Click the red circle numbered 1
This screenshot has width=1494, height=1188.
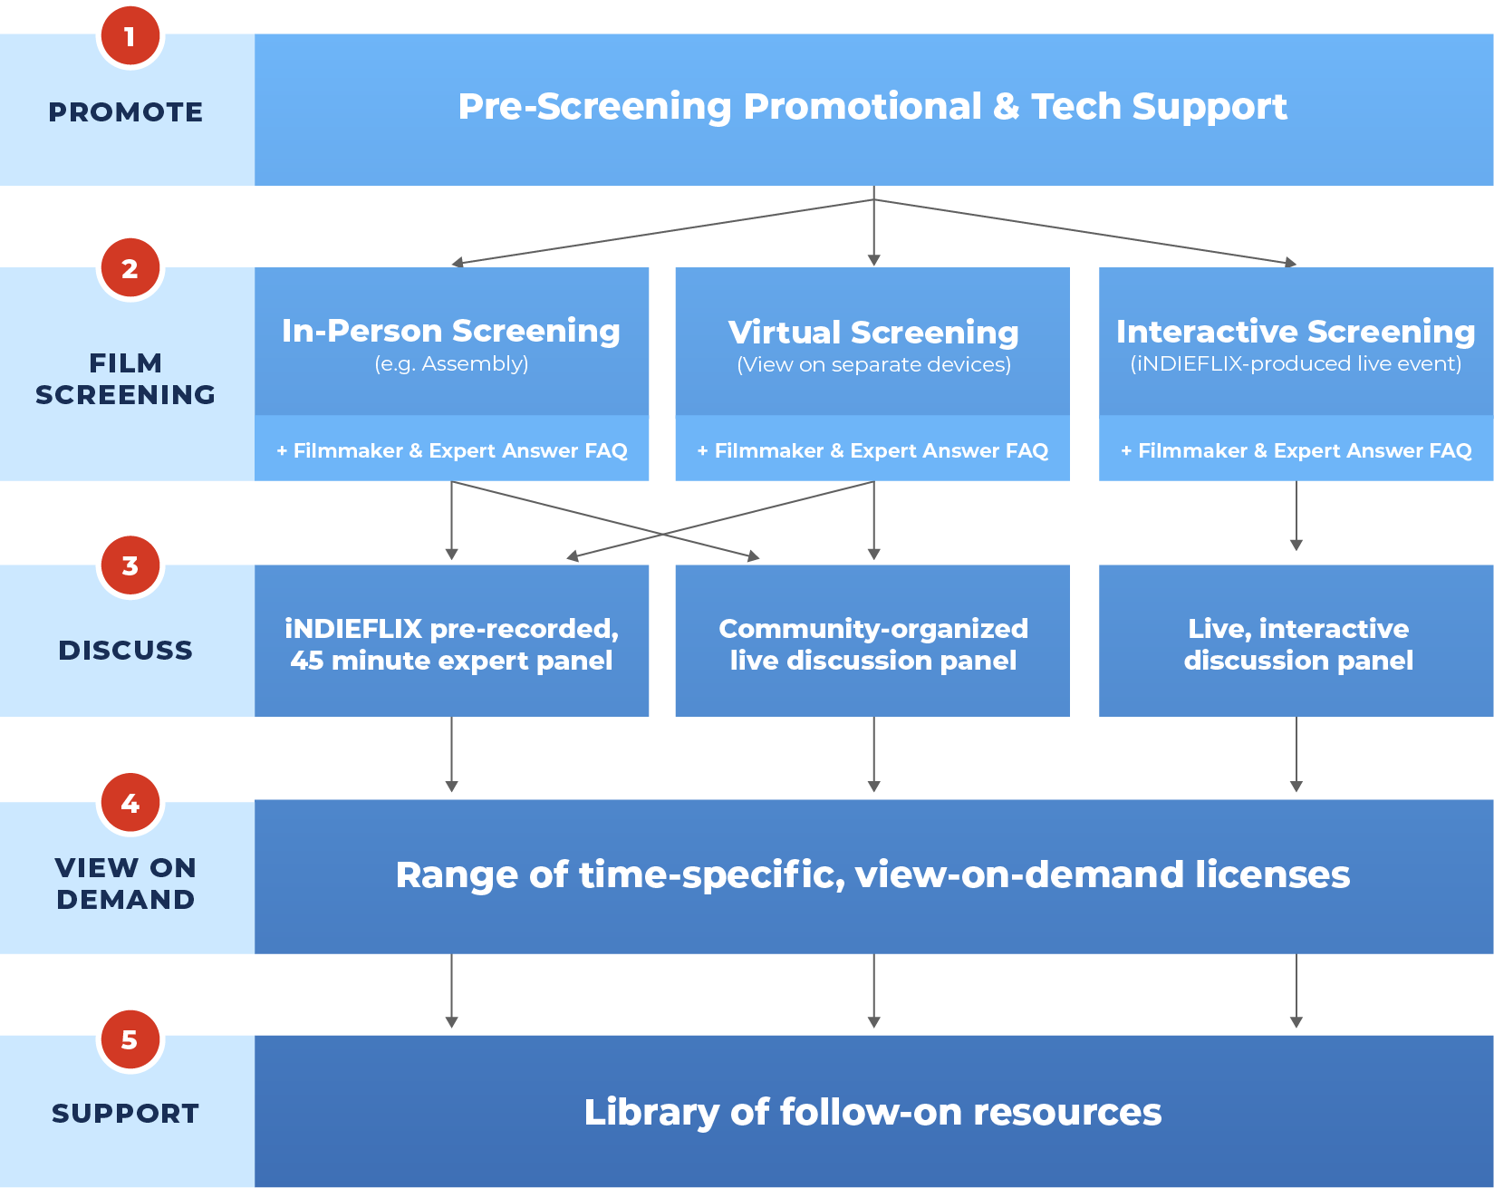click(130, 36)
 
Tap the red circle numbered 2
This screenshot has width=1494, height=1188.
click(130, 268)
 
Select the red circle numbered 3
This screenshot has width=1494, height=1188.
click(130, 565)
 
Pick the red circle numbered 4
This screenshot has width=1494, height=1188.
click(130, 803)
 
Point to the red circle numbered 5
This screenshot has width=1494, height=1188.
click(130, 1039)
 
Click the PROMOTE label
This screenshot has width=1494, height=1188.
click(126, 112)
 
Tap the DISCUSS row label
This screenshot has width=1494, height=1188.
click(126, 650)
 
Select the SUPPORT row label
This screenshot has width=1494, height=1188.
click(126, 1113)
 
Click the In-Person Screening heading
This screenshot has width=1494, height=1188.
click(451, 331)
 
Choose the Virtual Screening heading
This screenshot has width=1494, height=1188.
click(873, 333)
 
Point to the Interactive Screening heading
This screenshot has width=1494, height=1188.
click(1296, 332)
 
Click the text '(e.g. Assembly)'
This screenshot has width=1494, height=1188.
click(451, 364)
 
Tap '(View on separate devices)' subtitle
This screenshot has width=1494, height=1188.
click(873, 365)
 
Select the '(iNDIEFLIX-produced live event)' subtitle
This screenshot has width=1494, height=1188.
click(1296, 364)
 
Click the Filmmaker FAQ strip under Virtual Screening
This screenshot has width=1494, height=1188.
click(872, 450)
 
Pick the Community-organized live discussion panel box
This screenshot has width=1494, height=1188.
click(872, 643)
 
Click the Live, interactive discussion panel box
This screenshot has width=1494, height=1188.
click(1297, 643)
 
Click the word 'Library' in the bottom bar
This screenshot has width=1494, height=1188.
click(651, 1113)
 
